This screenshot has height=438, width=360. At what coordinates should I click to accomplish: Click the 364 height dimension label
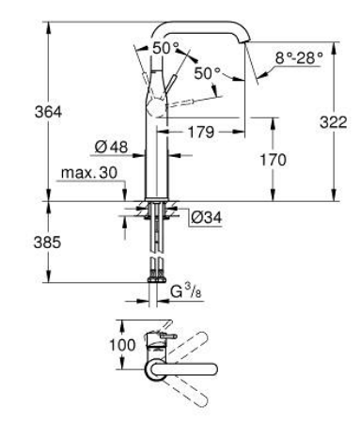click(x=48, y=112)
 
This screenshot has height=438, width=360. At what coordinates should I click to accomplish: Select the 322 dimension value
click(x=334, y=122)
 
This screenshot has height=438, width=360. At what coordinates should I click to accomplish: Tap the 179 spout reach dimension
click(x=201, y=132)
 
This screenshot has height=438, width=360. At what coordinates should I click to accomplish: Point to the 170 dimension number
click(x=274, y=160)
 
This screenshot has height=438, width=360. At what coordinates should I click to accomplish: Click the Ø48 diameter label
click(x=111, y=147)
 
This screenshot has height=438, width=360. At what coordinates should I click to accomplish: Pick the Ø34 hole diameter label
click(x=206, y=217)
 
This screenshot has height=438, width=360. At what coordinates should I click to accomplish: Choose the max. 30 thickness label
click(x=89, y=172)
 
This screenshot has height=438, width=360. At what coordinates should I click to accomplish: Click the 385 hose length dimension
click(x=48, y=242)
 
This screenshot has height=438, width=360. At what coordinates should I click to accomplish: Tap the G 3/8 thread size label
click(x=186, y=292)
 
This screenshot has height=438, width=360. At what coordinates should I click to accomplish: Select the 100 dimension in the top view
click(x=122, y=345)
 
